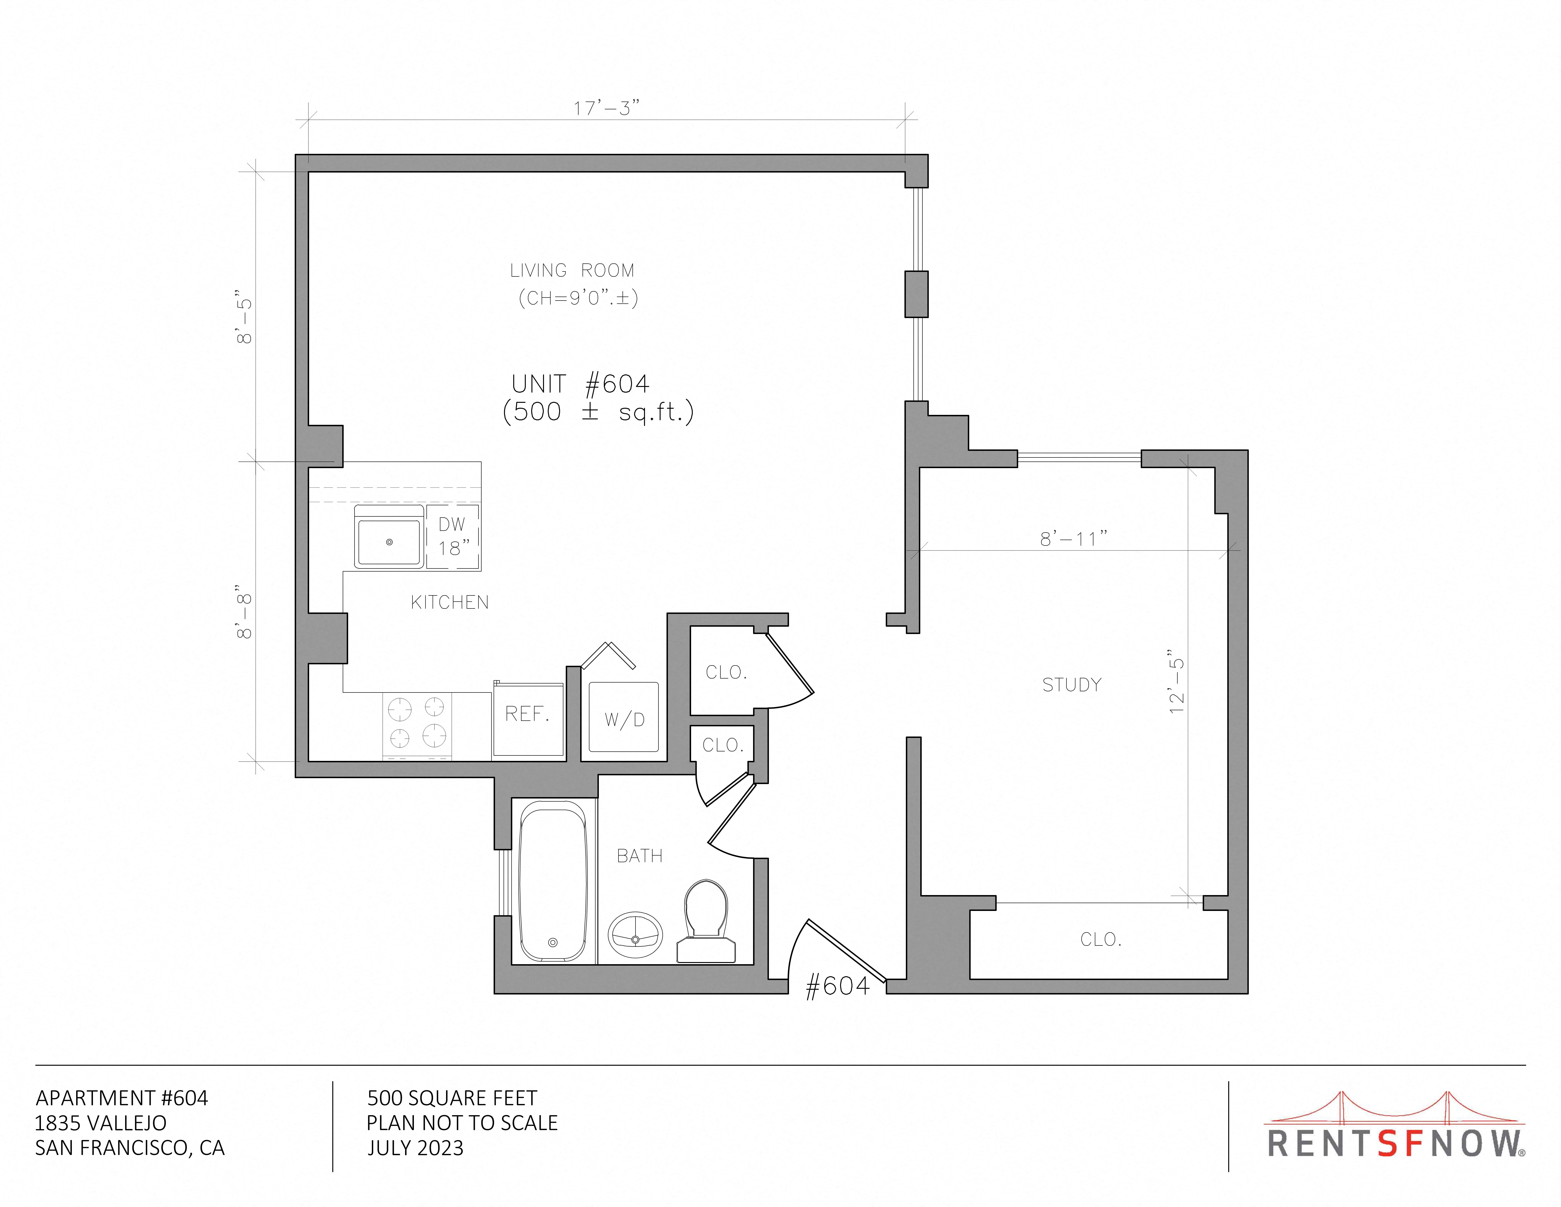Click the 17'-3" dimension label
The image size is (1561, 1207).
[x=606, y=108]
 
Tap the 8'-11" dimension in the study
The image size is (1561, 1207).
[x=1074, y=538]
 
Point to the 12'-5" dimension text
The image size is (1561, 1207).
[x=1176, y=681]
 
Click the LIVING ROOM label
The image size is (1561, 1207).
[x=572, y=270]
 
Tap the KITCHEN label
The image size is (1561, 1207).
[x=450, y=602]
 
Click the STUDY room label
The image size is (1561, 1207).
[x=1071, y=684]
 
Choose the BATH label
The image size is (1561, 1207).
[x=640, y=855]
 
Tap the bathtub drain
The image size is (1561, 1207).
[x=552, y=942]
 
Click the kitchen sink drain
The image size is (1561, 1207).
[x=390, y=542]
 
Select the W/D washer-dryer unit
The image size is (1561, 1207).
[x=624, y=716]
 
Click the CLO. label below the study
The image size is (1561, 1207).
[x=1101, y=939]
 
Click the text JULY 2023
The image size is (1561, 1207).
[x=415, y=1148]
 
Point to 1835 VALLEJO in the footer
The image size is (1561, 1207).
[x=101, y=1123]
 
